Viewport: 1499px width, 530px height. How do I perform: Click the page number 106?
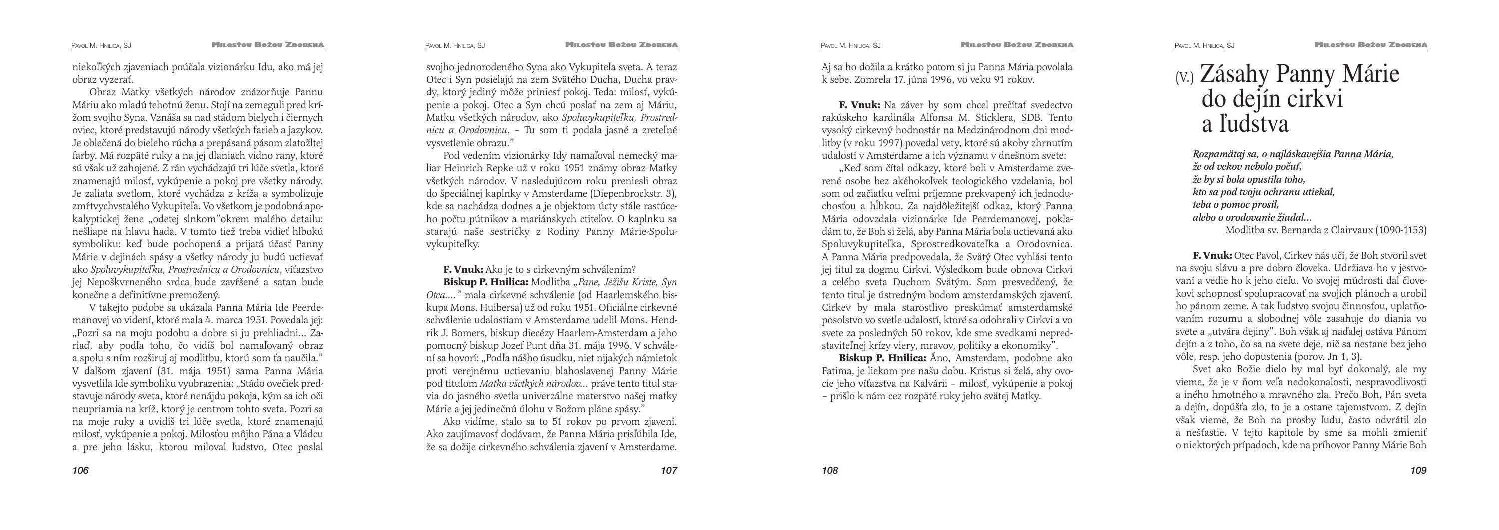coord(81,470)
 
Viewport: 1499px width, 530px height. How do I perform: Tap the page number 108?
coord(830,470)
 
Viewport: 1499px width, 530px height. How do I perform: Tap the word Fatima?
coord(837,371)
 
